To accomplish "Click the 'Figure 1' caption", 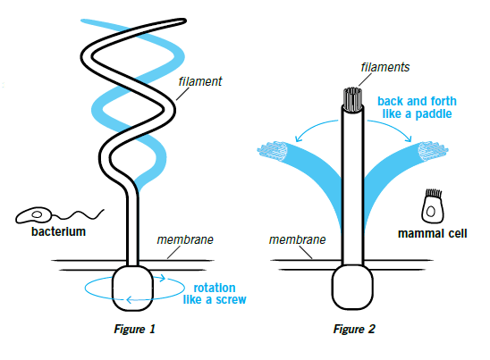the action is click(x=134, y=329).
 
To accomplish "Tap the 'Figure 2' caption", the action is click(x=354, y=329).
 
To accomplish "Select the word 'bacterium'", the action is click(x=58, y=231).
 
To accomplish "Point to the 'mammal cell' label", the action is click(x=433, y=233).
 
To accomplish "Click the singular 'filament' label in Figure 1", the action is click(x=200, y=81).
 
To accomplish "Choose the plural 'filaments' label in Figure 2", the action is click(x=385, y=67).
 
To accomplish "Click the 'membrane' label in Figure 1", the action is click(x=185, y=239).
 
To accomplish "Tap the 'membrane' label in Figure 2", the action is click(x=297, y=239).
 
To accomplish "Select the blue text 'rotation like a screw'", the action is click(x=215, y=294).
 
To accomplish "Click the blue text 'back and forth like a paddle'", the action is click(x=417, y=107).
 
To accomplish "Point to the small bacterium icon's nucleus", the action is click(x=38, y=214).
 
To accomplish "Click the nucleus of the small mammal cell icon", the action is click(x=431, y=212).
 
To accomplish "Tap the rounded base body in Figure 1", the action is click(x=133, y=288).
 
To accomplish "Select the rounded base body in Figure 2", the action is click(x=352, y=287).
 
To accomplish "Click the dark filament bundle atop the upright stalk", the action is click(x=352, y=99).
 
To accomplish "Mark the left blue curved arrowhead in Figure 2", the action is click(x=298, y=138).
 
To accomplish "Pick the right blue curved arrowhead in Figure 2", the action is click(x=409, y=138).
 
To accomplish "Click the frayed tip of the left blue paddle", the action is click(x=273, y=151).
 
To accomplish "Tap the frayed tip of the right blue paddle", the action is click(x=433, y=151).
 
